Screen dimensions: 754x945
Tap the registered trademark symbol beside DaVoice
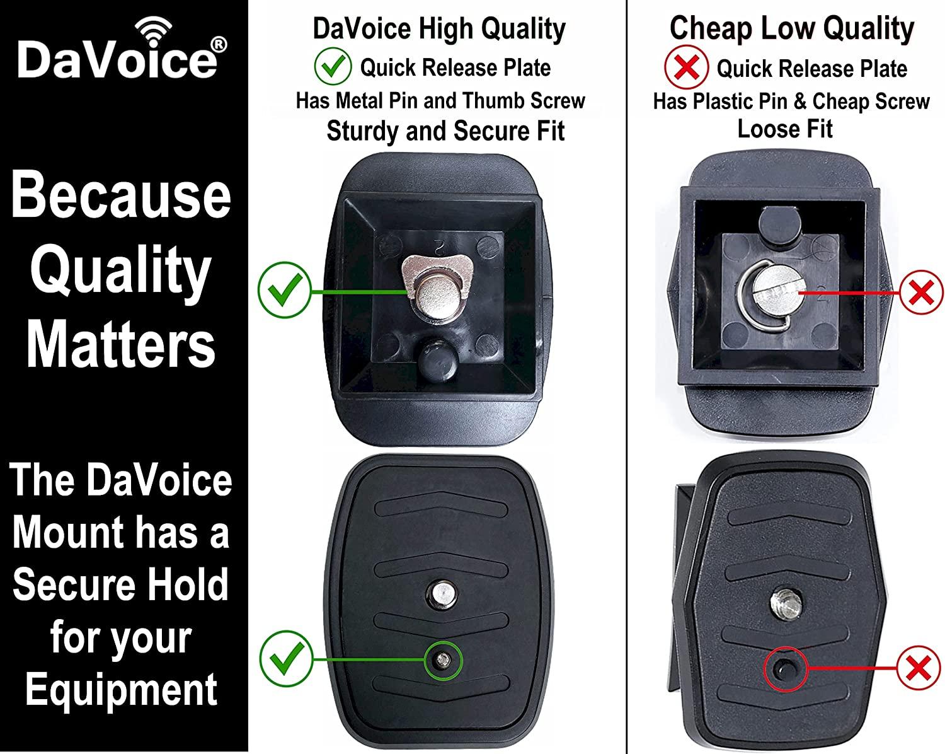tap(218, 44)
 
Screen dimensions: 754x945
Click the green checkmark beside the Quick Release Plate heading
tap(333, 66)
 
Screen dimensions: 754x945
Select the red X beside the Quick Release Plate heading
tap(686, 67)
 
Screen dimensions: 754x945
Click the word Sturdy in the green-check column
tap(363, 131)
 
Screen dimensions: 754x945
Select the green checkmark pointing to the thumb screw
tap(285, 290)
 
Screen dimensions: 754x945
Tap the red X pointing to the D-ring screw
tap(922, 293)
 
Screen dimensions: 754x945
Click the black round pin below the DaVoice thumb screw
tap(437, 357)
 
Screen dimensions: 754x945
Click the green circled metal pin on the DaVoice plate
tap(444, 660)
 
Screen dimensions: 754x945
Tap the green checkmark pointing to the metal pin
tap(286, 659)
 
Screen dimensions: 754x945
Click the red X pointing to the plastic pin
tap(919, 668)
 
